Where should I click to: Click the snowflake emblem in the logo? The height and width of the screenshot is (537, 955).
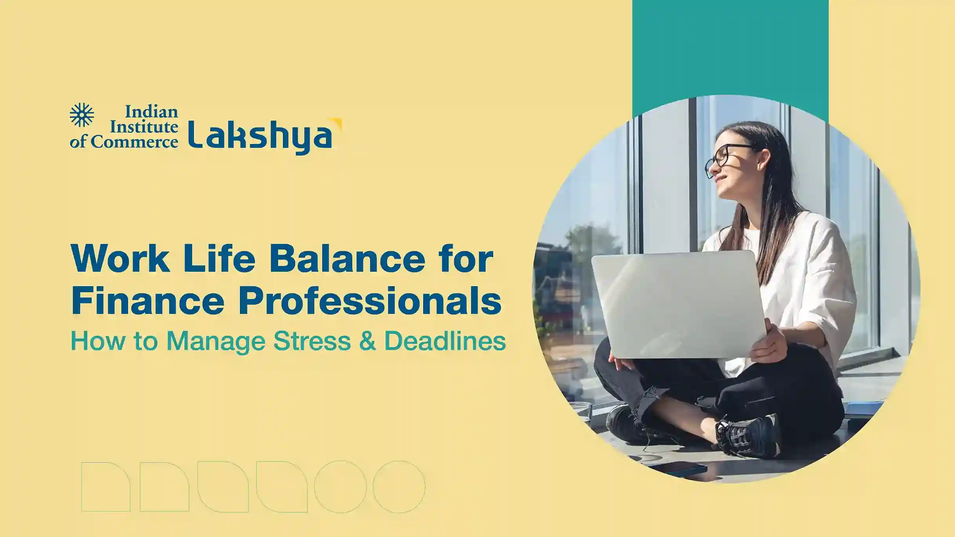click(82, 115)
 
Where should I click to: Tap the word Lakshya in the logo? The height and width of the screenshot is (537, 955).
click(260, 137)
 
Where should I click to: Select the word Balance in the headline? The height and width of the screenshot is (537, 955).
click(347, 259)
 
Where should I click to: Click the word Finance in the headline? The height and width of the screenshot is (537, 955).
click(148, 301)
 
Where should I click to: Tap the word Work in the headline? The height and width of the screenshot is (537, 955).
click(120, 258)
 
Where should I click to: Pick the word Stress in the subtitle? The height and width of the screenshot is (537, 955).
click(312, 341)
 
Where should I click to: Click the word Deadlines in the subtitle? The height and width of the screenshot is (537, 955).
click(445, 341)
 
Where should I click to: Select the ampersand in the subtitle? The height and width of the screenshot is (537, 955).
click(367, 341)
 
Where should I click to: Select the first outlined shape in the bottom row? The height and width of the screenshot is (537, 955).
click(106, 487)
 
